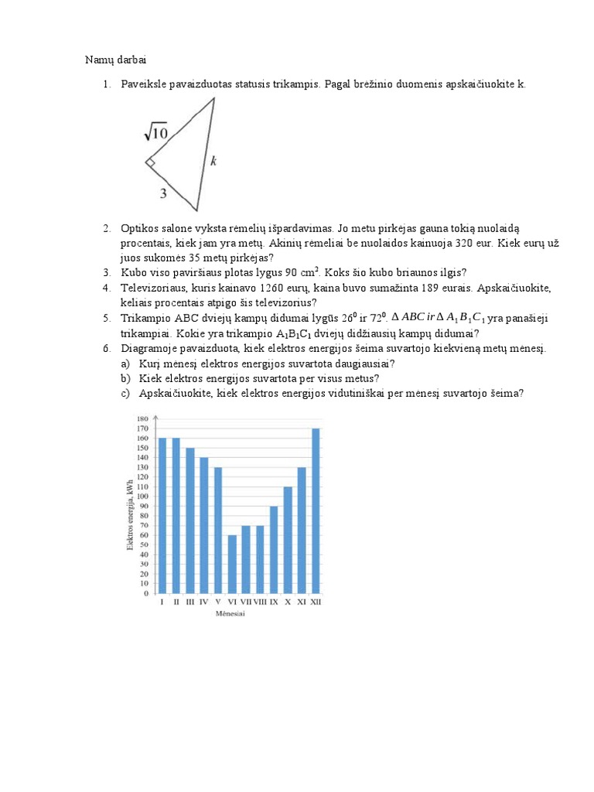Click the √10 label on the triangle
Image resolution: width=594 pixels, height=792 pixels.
pos(155,134)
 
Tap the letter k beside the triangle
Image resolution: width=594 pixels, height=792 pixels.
pos(213,161)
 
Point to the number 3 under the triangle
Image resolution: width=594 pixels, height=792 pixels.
pos(163,194)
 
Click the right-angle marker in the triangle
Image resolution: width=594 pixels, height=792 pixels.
pos(151,163)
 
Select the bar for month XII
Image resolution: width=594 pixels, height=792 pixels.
pos(315,511)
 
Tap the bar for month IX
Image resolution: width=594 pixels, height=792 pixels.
pos(274,550)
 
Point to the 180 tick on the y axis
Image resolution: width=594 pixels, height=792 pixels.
pos(142,418)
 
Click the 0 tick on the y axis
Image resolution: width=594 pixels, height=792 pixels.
pos(145,594)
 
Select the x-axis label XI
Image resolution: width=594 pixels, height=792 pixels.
pos(301,603)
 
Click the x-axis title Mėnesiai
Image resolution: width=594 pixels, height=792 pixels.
pos(237,615)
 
